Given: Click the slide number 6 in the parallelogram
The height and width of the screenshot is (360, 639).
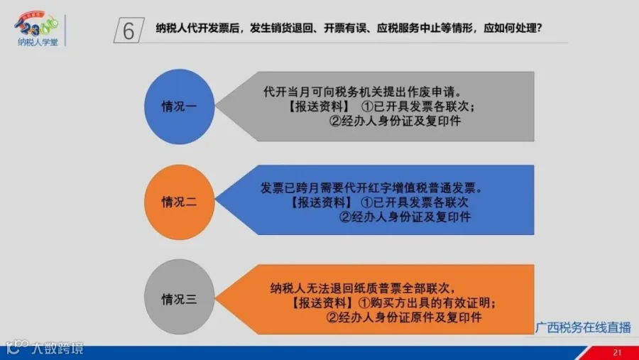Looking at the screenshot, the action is click(129, 31).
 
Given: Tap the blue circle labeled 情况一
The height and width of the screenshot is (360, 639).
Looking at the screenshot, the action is click(180, 107).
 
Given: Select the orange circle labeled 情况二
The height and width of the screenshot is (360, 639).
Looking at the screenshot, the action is click(180, 202).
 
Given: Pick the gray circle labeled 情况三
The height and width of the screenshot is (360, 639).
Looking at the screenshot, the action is click(180, 297).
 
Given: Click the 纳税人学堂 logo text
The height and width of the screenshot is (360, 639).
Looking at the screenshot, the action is click(38, 42).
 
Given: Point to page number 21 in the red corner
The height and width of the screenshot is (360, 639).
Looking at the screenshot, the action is click(618, 353).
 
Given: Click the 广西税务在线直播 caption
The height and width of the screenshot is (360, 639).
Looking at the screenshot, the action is click(583, 327).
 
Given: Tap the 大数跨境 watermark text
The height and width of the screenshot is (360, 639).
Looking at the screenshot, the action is click(58, 349).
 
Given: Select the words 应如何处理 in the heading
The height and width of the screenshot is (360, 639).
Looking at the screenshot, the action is click(508, 28).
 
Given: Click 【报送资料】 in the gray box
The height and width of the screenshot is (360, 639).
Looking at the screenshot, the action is click(318, 107).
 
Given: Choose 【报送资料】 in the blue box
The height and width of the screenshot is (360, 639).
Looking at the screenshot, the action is click(321, 202).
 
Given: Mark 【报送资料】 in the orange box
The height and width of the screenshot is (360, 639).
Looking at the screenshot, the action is click(322, 303).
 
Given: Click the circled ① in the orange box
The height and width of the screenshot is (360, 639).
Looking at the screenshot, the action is click(364, 303).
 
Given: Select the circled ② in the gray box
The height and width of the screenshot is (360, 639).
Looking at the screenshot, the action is click(335, 121).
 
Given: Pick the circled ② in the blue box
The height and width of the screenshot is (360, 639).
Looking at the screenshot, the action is click(345, 217).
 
